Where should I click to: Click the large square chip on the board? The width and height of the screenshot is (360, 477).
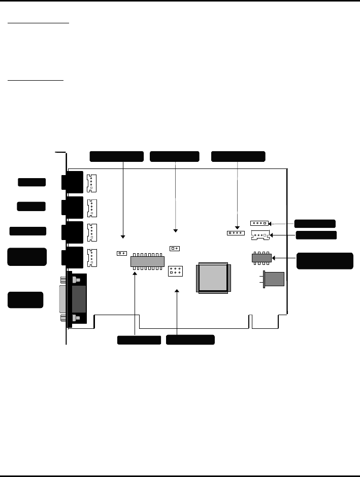[x=214, y=278]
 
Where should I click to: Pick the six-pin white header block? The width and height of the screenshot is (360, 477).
[x=175, y=271]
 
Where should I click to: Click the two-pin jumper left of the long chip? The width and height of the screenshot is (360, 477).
[x=121, y=253]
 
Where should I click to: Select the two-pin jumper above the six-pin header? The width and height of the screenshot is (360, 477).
[x=174, y=249]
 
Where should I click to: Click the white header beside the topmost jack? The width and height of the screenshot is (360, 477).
[x=91, y=183]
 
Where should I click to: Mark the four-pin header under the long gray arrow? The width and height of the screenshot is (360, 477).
[x=236, y=233]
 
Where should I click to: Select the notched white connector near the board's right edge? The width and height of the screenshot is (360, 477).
[x=260, y=235]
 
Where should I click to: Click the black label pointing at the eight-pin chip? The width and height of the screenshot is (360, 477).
[x=325, y=260]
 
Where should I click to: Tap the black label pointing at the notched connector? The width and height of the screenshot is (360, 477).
[x=316, y=235]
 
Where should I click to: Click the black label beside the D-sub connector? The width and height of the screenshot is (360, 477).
[x=25, y=299]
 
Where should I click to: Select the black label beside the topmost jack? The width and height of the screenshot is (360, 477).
[x=32, y=182]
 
